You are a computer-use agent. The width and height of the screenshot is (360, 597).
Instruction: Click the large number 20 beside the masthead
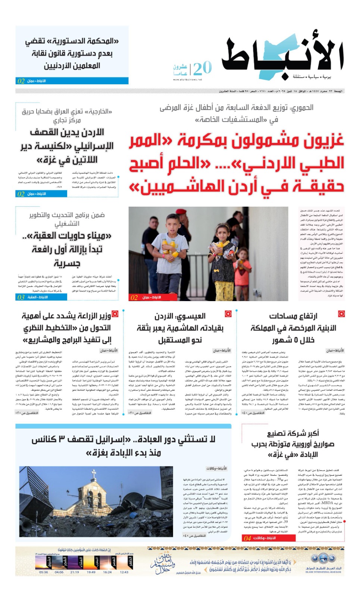point(203,69)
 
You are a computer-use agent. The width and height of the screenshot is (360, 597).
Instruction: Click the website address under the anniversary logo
point(187,79)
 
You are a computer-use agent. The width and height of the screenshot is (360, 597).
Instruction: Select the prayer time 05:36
point(43,572)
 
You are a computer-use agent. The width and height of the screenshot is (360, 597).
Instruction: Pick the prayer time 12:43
point(124,572)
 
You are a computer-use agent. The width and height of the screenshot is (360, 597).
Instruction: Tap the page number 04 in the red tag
point(247,538)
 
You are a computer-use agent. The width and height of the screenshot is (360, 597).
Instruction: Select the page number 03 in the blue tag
point(21,297)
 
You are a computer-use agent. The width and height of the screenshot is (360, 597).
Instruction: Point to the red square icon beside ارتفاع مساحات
point(341,314)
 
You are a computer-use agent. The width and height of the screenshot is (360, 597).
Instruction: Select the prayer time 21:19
point(75,572)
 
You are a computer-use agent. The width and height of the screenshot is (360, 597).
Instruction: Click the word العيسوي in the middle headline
point(191,316)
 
